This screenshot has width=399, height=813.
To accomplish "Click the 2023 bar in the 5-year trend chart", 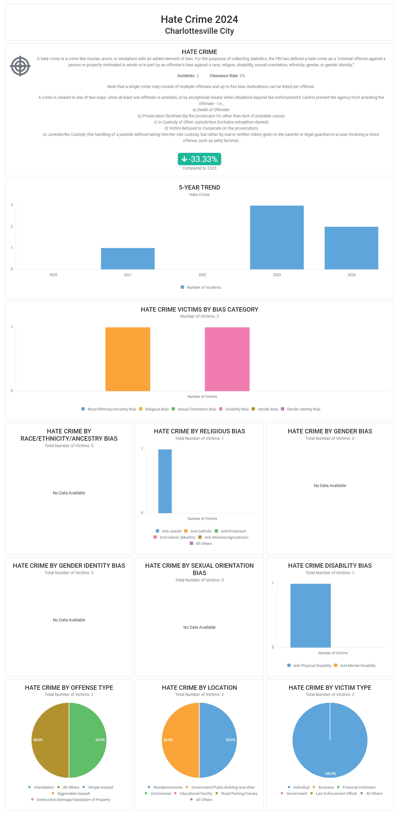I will tap(277, 237).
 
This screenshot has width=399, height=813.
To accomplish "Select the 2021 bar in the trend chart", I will tap(128, 258).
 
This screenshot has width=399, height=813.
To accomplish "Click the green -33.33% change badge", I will tap(199, 159).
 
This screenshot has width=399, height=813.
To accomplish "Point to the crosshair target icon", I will tap(20, 66).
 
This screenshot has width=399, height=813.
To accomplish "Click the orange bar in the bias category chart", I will tap(128, 359).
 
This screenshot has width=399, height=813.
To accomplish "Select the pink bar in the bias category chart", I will tap(227, 359).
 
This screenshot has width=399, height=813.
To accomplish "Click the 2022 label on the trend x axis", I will tap(202, 275).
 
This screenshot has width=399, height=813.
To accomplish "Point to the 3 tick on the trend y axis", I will tap(12, 205).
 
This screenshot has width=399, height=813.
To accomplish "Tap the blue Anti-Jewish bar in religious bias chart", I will tap(165, 481).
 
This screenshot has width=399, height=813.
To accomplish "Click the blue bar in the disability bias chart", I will tap(310, 616).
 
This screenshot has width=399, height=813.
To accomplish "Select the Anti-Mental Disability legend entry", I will tap(357, 665).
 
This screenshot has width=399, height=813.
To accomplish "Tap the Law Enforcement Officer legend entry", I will tap(336, 793).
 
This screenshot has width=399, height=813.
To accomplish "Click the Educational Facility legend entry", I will tap(196, 793).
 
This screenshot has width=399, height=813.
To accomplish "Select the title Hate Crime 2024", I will tap(199, 20).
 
